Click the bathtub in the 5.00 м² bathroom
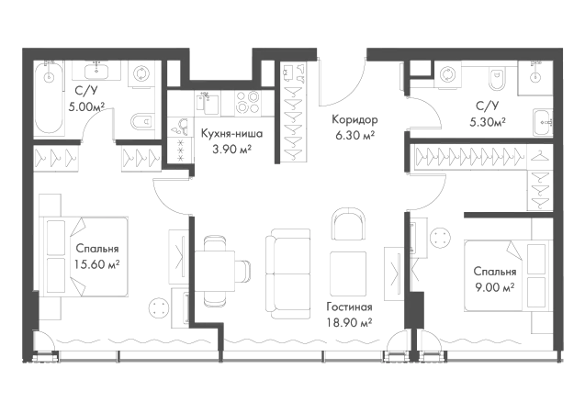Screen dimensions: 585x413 (49, 97)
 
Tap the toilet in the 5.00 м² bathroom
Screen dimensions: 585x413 (142, 121)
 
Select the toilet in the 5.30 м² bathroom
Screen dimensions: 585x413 (496, 79)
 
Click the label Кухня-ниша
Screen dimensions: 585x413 (231, 133)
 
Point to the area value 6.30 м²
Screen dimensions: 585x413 (354, 135)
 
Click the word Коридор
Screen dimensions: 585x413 (354, 119)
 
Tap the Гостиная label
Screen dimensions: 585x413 (349, 307)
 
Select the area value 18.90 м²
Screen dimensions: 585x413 (349, 322)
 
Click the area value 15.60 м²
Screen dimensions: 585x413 (97, 264)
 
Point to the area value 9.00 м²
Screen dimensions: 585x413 (495, 287)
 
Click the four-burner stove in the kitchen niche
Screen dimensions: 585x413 (248, 102)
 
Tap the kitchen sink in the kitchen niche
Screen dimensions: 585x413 (207, 102)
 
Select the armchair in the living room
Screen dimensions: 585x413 (348, 224)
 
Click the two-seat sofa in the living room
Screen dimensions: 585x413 (288, 273)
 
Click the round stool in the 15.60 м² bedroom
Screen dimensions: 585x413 (159, 307)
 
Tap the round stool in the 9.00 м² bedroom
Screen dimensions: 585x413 (440, 238)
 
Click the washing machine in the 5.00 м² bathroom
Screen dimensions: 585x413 (141, 73)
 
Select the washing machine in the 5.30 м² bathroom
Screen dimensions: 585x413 (446, 75)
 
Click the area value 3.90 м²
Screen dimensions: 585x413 (231, 149)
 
